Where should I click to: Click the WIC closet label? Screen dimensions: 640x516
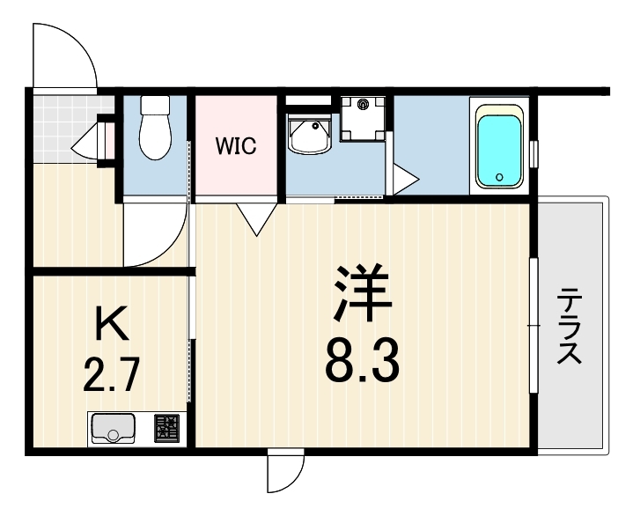coord(236,146)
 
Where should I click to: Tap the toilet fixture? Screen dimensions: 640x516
coord(155,128)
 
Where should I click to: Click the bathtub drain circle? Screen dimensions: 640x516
coord(499,177)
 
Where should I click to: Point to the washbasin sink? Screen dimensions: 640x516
coord(308,134)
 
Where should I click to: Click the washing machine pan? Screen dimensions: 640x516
coord(363,118)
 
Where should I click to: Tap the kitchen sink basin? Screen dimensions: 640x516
coord(113,428)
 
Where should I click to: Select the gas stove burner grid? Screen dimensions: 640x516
coord(166,428)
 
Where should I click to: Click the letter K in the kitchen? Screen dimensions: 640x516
coord(111,323)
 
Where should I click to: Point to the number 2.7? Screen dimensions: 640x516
coord(112,374)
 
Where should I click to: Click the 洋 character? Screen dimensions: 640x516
coord(363,292)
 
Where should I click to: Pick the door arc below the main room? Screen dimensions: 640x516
coord(294,477)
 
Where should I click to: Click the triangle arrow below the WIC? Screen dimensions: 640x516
coord(257,219)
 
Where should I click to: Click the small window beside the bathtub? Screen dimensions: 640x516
coord(533,153)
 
